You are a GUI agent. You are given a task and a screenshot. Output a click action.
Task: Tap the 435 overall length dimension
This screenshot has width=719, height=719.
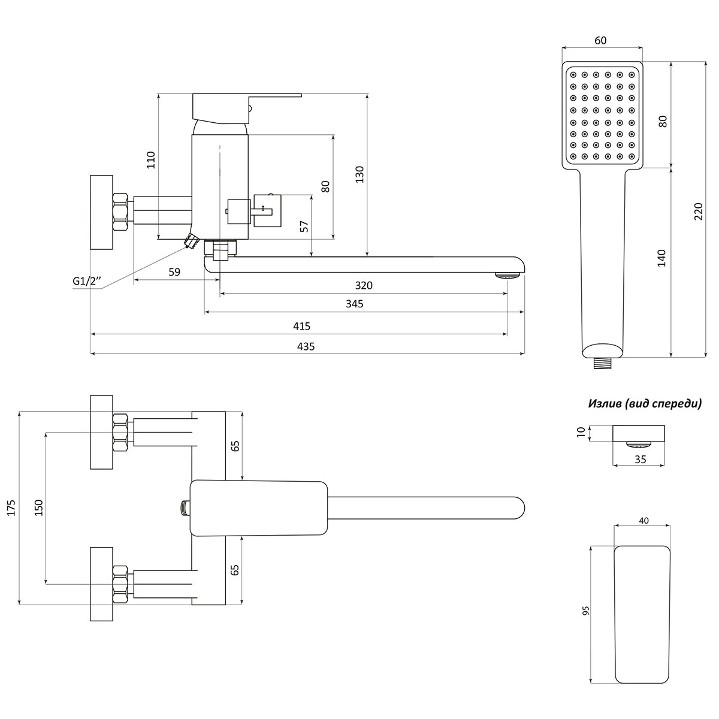pos(306,346)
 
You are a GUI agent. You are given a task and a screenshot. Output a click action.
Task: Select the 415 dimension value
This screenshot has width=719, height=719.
pos(301,326)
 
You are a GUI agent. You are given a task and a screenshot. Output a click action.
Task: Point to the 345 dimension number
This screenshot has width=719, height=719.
pos(355,304)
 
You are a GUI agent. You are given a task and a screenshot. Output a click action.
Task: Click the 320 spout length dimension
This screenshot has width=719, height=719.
pos(364,285)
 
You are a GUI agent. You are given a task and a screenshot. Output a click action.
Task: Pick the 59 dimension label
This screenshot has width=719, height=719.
pos(174,272)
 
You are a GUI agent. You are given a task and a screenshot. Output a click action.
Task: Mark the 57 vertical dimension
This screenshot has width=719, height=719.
pos(304,226)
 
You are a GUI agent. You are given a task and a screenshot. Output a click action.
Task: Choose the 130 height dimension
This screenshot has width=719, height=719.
pos(359,174)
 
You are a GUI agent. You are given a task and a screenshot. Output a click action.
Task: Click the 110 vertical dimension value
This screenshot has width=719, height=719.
pos(150,161)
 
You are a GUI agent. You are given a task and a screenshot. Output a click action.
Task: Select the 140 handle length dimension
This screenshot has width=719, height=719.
pos(661,258)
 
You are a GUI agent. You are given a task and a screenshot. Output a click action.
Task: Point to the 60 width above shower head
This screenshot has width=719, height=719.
pos(600,40)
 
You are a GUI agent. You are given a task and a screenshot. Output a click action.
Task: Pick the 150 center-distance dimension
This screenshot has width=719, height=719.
pos(38,507)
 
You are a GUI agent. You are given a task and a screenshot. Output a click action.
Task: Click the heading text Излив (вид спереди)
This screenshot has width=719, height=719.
pos(645,404)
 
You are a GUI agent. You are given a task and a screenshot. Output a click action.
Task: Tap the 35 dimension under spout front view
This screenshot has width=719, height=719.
pos(639,459)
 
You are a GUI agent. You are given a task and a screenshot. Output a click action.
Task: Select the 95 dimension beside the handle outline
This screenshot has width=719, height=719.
pos(585,611)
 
